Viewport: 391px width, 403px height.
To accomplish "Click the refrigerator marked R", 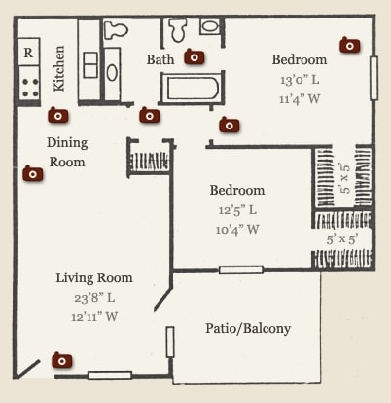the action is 28,52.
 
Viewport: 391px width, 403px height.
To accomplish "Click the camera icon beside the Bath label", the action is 195,57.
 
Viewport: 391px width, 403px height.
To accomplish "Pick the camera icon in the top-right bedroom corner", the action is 350,45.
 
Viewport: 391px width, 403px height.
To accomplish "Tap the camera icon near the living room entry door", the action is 62,360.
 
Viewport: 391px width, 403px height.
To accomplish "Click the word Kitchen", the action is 59,68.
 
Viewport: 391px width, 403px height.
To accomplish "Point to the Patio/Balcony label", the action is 248,328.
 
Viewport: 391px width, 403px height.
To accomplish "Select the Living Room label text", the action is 94,277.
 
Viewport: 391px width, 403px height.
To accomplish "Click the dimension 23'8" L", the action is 94,297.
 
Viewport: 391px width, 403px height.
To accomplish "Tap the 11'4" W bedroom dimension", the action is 300,98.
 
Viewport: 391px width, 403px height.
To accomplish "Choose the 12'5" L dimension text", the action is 237,210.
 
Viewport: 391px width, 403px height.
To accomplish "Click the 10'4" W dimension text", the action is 237,230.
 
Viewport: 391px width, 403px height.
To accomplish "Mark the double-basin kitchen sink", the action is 90,65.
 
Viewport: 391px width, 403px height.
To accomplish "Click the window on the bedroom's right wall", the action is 373,78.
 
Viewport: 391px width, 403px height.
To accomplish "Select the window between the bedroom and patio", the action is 240,270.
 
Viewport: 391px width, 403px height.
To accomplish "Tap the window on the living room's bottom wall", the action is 110,376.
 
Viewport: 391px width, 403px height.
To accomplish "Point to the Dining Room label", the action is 67,152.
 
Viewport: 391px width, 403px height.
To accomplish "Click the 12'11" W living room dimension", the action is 94,316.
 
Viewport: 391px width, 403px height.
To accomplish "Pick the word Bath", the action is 160,59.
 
